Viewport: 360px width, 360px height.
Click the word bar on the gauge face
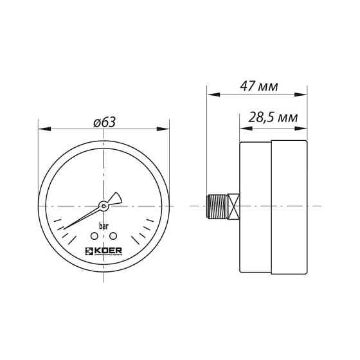pyautogui.click(x=104, y=226)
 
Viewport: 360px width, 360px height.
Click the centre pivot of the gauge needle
pyautogui.click(x=103, y=206)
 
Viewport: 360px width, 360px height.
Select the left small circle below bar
pyautogui.click(x=94, y=237)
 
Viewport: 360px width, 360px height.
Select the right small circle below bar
pyautogui.click(x=113, y=237)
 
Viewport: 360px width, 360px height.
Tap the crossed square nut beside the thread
pyautogui.click(x=235, y=206)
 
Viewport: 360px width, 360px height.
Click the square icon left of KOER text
pyautogui.click(x=89, y=249)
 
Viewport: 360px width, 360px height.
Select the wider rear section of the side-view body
pyautogui.click(x=289, y=206)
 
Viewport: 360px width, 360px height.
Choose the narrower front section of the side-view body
pyautogui.click(x=255, y=206)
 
